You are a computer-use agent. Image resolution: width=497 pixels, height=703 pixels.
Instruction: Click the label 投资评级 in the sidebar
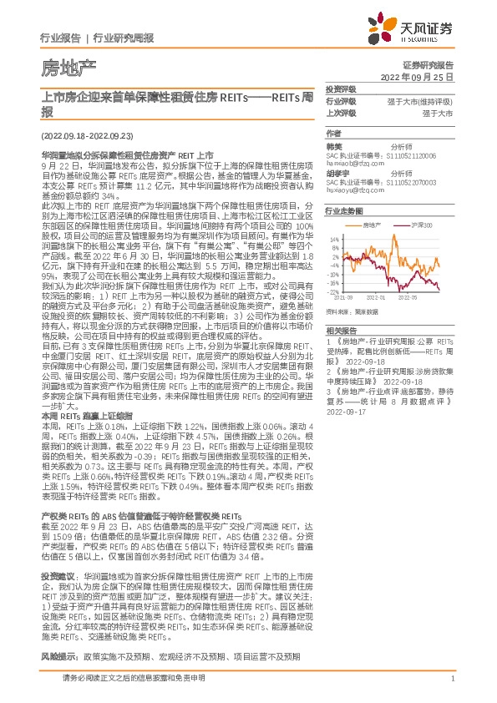pos(340,89)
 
